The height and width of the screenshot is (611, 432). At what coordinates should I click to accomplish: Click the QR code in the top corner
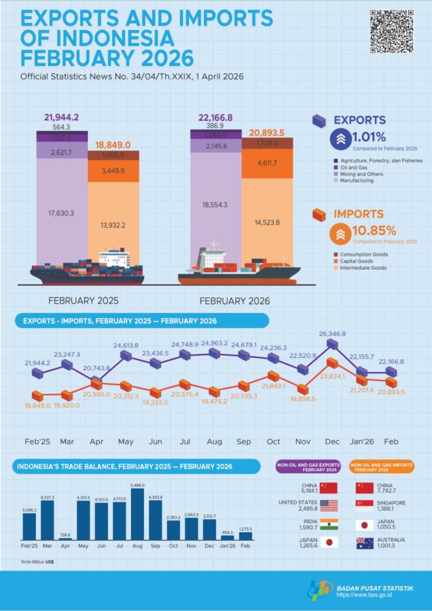(391, 32)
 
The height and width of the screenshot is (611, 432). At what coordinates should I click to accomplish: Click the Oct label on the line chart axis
(273, 441)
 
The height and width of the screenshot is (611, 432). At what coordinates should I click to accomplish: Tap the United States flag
(328, 506)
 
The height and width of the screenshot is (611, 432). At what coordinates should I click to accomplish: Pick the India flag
(328, 524)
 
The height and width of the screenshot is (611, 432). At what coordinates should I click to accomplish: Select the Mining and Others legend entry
(359, 174)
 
